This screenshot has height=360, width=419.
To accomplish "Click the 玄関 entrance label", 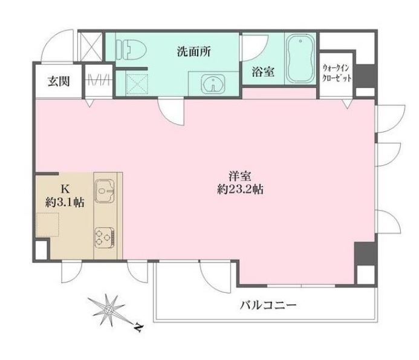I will point(58,80).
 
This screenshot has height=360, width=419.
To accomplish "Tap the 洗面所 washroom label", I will point(194,51).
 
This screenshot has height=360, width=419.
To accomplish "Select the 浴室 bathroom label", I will point(263,71).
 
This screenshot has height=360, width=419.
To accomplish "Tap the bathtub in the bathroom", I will point(300,59).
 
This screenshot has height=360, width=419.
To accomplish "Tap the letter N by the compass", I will point(138,329).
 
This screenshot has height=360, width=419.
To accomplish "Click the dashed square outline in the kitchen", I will point(48,226).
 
